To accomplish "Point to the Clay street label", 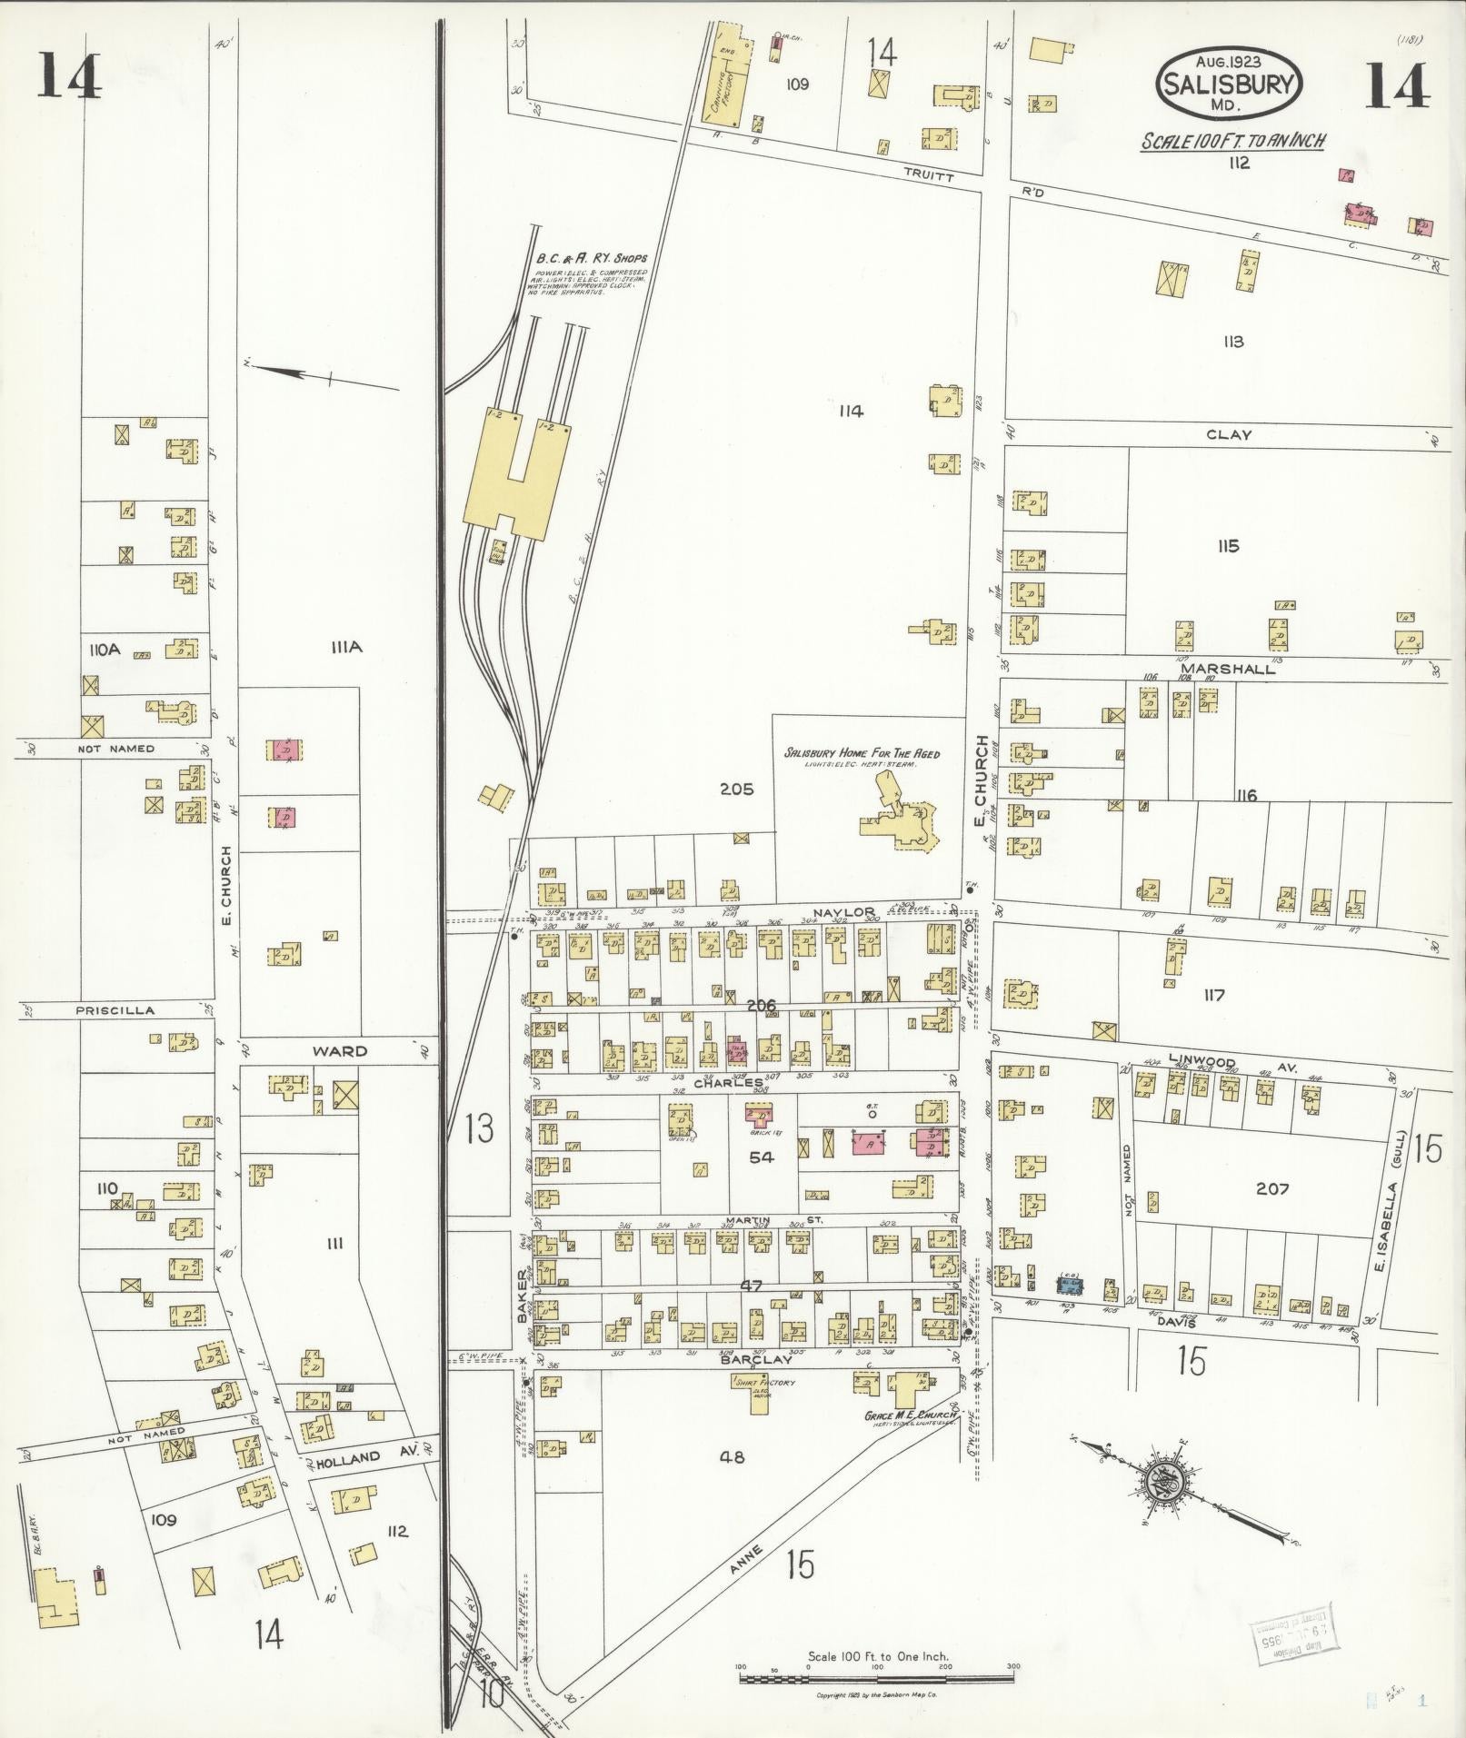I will tap(1229, 435).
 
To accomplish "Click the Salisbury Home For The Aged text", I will tap(862, 753).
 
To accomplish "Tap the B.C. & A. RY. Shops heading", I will tap(584, 258).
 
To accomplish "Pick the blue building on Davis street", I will tap(1070, 1285).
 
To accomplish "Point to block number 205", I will tap(736, 790).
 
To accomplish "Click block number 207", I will tap(1272, 1188).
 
